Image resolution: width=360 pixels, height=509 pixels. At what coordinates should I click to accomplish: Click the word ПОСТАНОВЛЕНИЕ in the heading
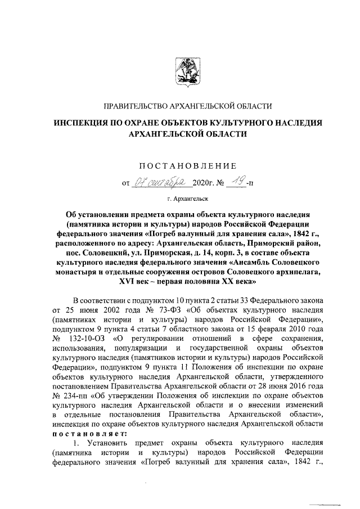click(x=185, y=166)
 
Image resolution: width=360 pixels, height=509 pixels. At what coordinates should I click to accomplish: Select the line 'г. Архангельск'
click(x=185, y=198)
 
